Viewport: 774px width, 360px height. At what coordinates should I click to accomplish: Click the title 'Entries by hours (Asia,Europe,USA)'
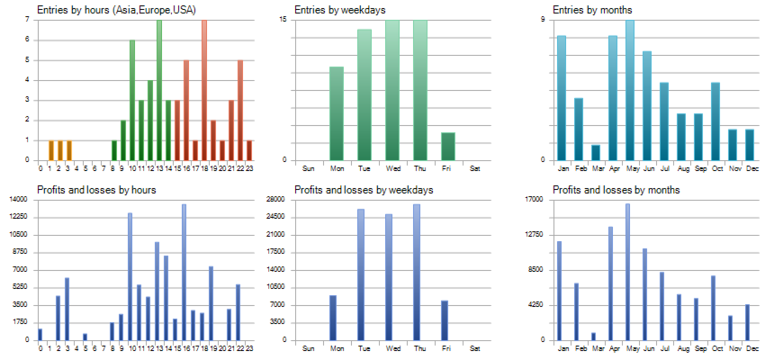[117, 10]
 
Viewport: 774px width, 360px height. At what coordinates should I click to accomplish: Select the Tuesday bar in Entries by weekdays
[364, 94]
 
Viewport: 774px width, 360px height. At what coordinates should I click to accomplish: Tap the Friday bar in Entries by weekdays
[448, 146]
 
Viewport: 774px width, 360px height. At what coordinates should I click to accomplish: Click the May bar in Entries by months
[630, 90]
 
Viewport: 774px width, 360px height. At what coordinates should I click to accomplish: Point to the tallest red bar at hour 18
[204, 90]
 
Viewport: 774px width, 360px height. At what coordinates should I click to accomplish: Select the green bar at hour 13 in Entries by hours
[159, 90]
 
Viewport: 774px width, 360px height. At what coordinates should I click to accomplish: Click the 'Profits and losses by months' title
[616, 190]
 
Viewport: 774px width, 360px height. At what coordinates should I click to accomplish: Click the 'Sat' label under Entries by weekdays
[475, 168]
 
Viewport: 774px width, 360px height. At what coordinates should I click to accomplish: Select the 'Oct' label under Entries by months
[716, 168]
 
